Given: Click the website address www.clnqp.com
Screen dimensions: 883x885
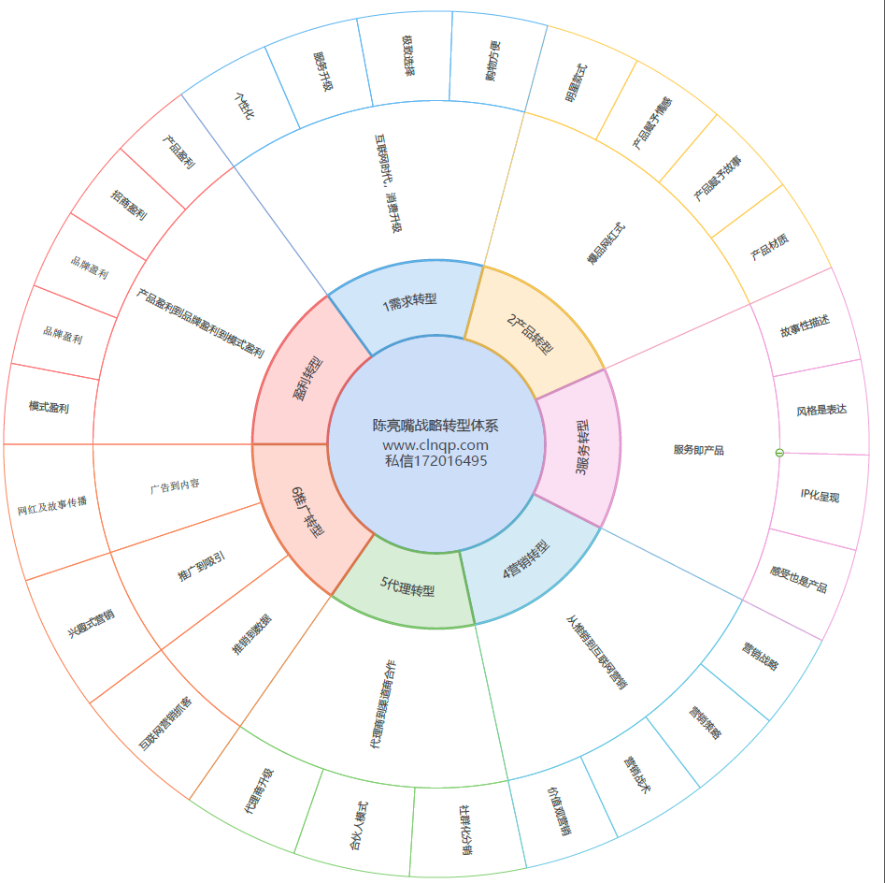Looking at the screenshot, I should (435, 445).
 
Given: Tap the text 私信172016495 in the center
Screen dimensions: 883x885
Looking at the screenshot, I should (435, 460).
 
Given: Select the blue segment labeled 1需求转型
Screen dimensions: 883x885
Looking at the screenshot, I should (410, 300).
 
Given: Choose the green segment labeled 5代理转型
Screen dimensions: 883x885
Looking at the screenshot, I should (407, 588).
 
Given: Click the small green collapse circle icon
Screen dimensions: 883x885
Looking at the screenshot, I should (778, 453).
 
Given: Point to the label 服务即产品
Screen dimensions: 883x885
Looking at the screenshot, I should (698, 450).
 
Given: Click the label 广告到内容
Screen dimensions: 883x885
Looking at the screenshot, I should (175, 486).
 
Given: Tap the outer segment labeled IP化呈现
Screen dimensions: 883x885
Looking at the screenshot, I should (821, 495).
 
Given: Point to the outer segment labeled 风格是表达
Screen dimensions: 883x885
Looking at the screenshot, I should (821, 410).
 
